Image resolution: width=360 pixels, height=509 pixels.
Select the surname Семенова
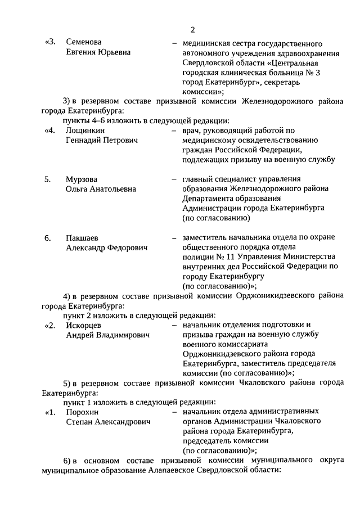pyautogui.click(x=84, y=43)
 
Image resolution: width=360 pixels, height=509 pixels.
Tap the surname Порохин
pyautogui.click(x=82, y=412)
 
